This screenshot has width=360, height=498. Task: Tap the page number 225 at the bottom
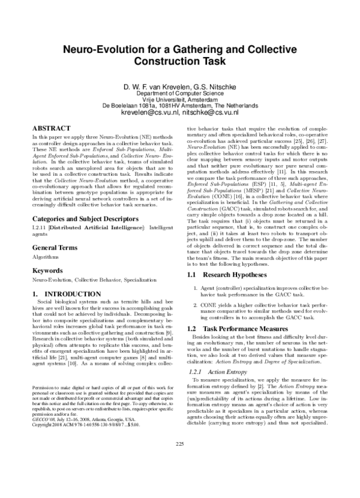(180, 477)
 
